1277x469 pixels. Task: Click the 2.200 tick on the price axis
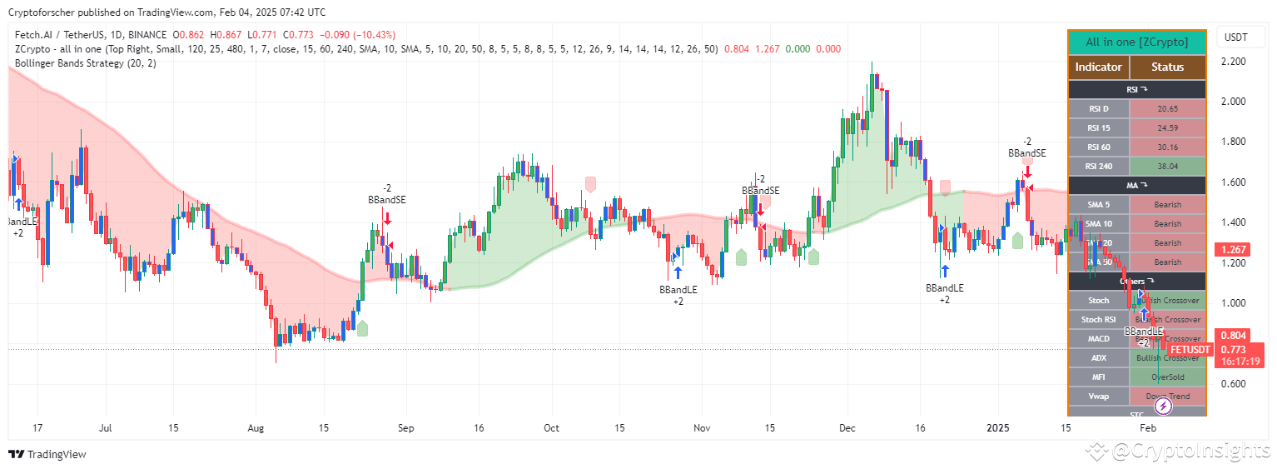coord(1239,62)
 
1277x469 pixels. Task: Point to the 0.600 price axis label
coord(1239,384)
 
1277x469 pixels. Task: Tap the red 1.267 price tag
coord(1231,250)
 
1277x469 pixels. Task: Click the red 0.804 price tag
coord(1231,335)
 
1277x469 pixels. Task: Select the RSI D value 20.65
coord(1167,109)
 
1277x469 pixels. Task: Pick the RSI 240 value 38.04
coord(1167,166)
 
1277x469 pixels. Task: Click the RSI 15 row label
coord(1099,128)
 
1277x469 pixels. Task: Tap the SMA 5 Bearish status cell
coord(1167,204)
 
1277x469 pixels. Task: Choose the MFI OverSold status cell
coord(1167,377)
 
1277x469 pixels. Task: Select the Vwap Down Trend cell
coord(1167,396)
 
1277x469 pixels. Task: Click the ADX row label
coord(1099,357)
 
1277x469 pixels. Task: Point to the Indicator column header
coord(1098,67)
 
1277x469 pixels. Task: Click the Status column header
coord(1167,67)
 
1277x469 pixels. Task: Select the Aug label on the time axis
coord(256,428)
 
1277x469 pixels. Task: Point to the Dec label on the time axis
coord(847,428)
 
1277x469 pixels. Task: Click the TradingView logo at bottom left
coord(47,454)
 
